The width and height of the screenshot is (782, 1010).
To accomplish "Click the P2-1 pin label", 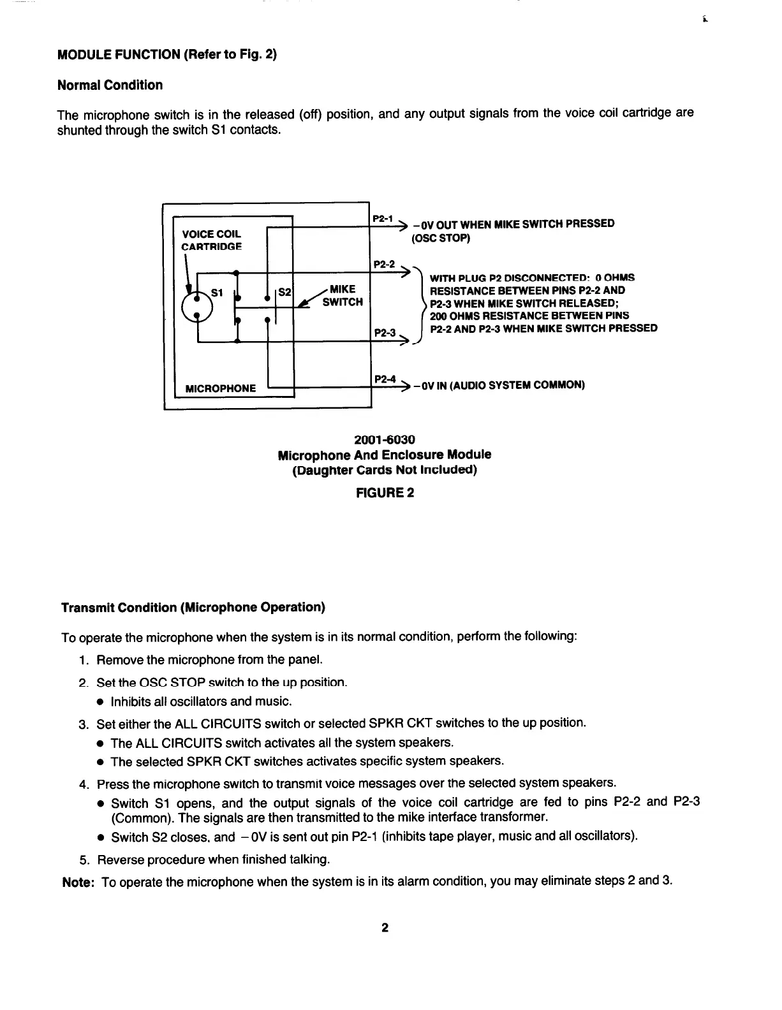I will [383, 218].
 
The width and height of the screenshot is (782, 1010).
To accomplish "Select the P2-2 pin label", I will [383, 263].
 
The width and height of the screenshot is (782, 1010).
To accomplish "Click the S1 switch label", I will [217, 293].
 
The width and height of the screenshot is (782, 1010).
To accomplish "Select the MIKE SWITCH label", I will [343, 296].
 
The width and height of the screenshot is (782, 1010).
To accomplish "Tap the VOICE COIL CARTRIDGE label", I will [212, 240].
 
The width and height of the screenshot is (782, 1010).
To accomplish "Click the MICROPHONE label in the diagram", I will [220, 388].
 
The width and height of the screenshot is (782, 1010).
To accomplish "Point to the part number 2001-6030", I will [385, 440].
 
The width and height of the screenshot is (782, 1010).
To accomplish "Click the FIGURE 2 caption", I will [385, 492].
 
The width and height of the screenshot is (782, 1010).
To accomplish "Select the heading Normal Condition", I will [110, 85].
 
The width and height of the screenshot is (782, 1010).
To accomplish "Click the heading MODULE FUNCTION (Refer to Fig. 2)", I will [167, 54].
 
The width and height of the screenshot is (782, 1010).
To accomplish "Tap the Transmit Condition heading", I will [193, 607].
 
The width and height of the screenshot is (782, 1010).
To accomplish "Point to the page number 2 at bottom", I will [385, 928].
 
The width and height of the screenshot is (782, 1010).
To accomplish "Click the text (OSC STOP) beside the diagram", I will [441, 238].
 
